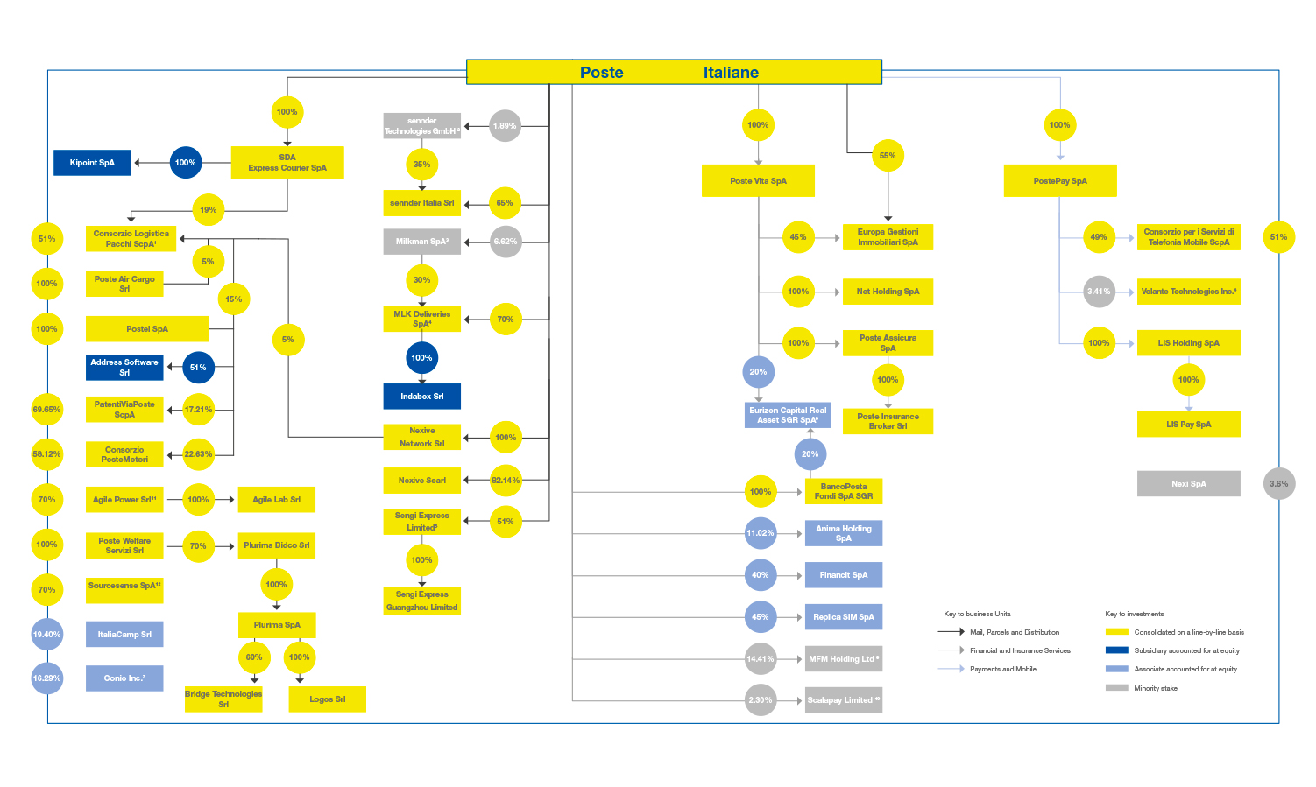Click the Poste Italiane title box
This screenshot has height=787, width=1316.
[x=674, y=72]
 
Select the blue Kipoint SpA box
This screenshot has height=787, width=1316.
[x=92, y=163]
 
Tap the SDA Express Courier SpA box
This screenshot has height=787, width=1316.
[x=287, y=163]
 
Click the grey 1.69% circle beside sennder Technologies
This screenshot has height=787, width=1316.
[x=505, y=126]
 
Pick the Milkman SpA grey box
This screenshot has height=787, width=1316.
[x=421, y=242]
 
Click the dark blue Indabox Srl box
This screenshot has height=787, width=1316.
[x=421, y=397]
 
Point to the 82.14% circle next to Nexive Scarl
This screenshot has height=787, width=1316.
[x=506, y=480]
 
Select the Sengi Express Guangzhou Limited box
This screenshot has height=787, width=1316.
[x=421, y=601]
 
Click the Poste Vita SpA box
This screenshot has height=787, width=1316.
[x=758, y=181]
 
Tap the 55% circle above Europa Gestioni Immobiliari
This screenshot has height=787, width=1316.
[x=888, y=156]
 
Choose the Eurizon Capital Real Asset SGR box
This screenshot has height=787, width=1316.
[x=788, y=415]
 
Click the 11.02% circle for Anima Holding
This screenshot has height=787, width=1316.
[x=760, y=533]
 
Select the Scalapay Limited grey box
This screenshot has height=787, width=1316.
[x=843, y=700]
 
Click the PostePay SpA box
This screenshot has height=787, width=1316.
[x=1060, y=181]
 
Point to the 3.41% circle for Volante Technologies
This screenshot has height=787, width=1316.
[x=1099, y=292]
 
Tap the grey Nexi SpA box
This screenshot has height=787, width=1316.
[x=1188, y=484]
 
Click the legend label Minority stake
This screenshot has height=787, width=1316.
[x=1156, y=689]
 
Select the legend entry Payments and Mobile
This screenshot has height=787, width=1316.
[x=1002, y=670]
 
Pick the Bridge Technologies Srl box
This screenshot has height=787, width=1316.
[x=223, y=699]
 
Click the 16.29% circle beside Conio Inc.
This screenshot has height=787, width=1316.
[x=47, y=678]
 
